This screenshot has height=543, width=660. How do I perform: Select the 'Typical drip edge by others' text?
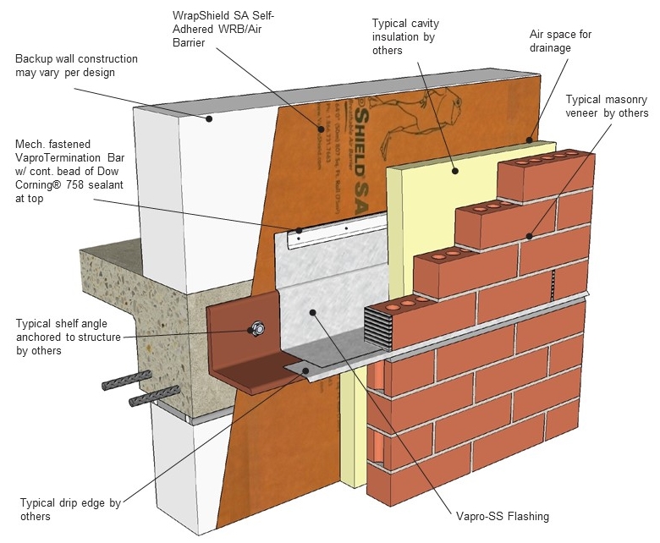pos(71,509)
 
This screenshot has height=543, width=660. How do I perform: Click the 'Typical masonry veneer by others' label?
pos(607,106)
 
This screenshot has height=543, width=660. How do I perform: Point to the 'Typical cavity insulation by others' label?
pos(405,36)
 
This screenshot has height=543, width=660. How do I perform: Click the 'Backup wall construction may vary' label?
pos(76,66)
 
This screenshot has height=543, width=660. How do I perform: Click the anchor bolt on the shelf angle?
pos(256,328)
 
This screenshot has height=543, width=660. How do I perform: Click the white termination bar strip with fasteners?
pos(335,230)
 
